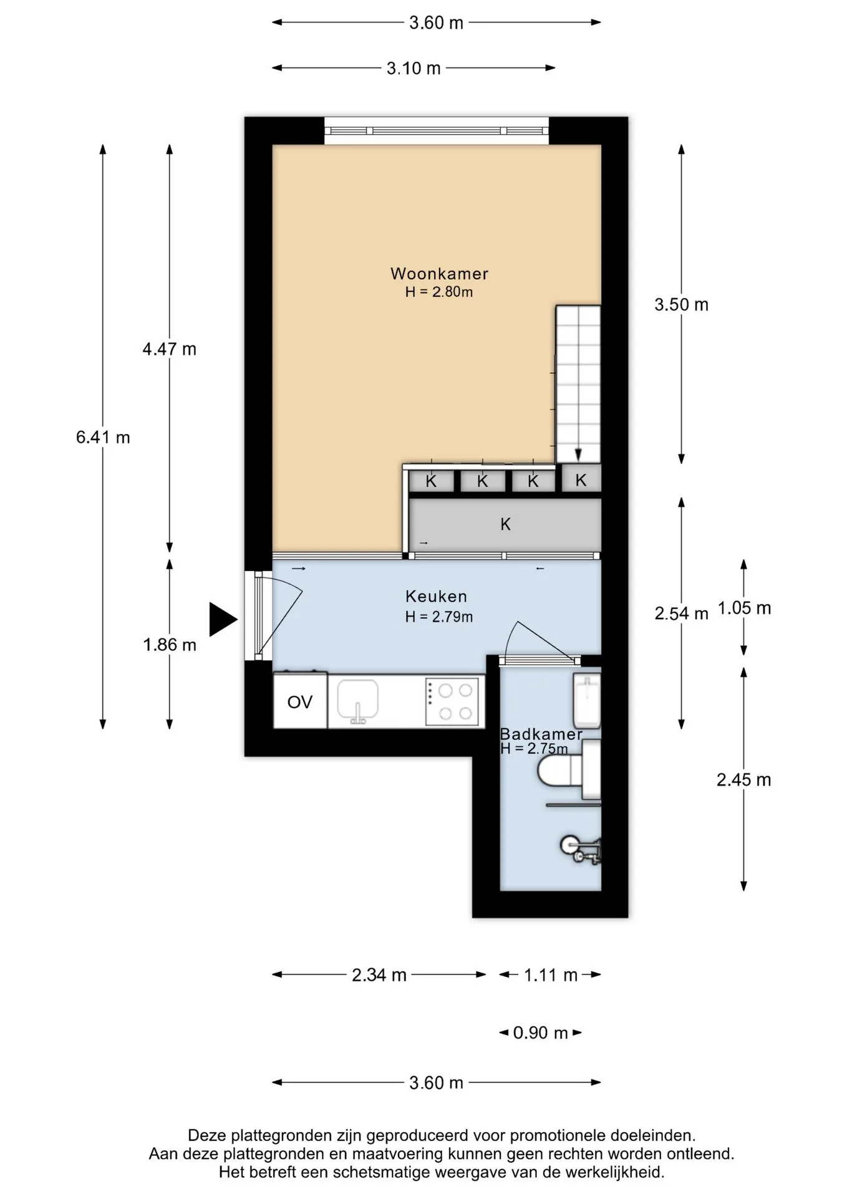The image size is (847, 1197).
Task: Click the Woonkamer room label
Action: tap(439, 273)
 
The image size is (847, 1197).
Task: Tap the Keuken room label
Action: tap(436, 596)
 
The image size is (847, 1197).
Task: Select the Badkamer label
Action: tap(541, 734)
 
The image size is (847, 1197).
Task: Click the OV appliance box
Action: tap(300, 701)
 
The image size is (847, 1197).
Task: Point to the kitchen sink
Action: tap(357, 701)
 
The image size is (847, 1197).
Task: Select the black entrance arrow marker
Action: tap(223, 620)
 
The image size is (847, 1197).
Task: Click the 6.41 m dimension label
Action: tap(103, 437)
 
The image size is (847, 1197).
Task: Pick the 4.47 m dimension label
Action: tap(169, 349)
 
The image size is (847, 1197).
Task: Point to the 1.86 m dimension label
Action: tap(169, 645)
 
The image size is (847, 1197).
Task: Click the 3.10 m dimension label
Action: tap(414, 68)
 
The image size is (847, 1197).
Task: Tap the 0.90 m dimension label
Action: tap(540, 1033)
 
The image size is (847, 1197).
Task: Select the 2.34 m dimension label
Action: tap(379, 974)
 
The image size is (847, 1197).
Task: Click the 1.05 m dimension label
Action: tap(744, 608)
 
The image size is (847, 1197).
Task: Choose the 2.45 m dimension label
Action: tap(743, 779)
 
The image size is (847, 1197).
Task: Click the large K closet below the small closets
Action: tap(505, 524)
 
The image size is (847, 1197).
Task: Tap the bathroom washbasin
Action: tap(587, 700)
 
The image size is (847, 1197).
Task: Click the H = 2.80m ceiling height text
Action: tap(439, 292)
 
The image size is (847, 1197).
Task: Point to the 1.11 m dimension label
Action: tap(550, 974)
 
